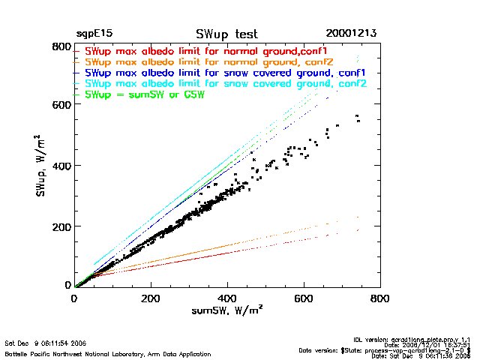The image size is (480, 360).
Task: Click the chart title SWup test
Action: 226,34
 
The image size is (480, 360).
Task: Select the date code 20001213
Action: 351,34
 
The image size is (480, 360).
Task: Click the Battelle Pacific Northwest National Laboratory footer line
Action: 107,353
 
